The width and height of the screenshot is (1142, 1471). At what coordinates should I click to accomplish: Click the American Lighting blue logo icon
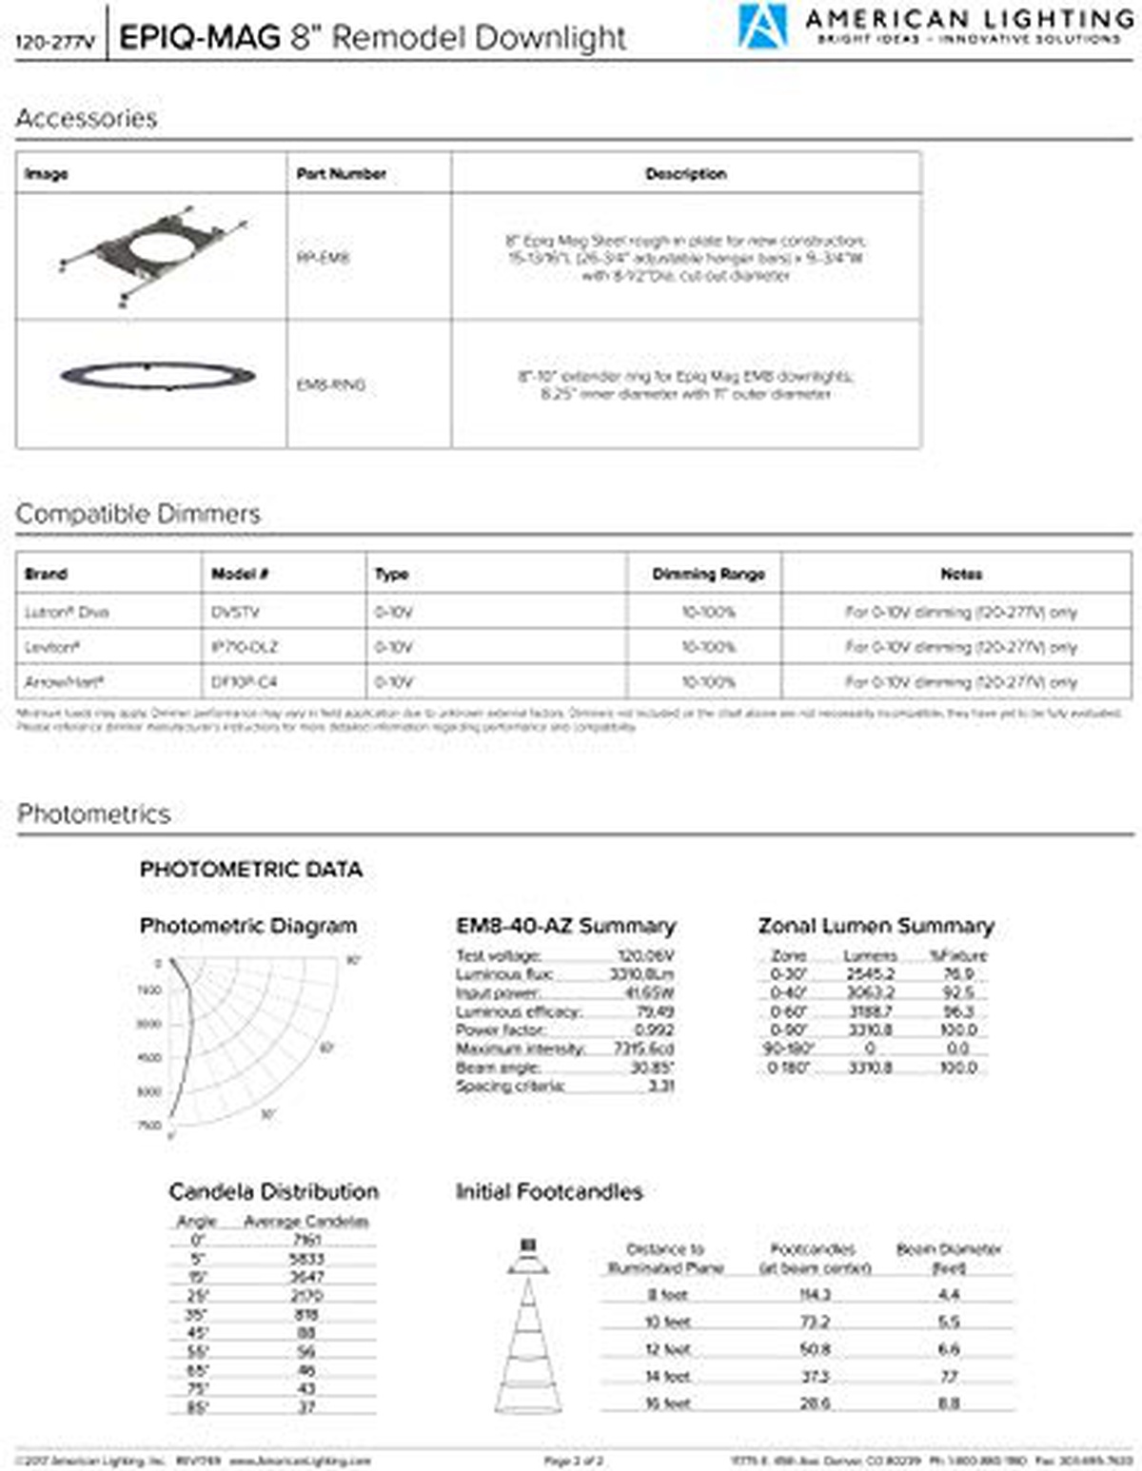(762, 26)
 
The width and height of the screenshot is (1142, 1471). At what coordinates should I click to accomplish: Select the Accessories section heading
(87, 118)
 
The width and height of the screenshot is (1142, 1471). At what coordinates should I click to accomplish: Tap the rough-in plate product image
(152, 255)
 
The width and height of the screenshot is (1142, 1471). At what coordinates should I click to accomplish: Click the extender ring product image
(158, 376)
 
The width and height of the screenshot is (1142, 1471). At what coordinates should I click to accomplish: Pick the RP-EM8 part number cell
(324, 257)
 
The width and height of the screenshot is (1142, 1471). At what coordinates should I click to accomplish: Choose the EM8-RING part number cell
(331, 385)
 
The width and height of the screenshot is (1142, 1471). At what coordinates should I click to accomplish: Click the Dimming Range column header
(708, 574)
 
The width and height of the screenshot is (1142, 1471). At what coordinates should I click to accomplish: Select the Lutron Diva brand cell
(67, 612)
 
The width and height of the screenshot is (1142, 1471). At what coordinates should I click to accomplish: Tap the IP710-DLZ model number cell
(245, 647)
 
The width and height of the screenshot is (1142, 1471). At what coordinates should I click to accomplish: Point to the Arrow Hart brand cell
(64, 681)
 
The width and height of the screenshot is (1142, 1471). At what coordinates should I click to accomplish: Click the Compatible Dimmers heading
(138, 514)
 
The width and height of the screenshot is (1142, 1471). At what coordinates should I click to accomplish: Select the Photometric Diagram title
(248, 926)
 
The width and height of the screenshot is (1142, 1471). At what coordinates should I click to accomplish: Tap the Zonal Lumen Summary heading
(876, 926)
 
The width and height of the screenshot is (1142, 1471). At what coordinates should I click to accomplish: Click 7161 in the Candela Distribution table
(306, 1240)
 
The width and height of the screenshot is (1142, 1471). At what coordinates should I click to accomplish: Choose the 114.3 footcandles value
(815, 1294)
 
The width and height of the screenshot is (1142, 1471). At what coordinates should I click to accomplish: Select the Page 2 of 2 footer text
(573, 1460)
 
